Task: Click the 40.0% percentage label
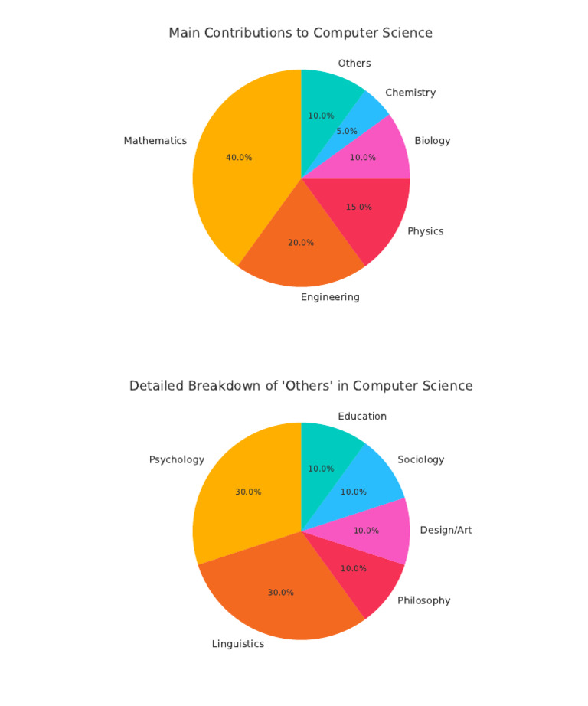point(239,158)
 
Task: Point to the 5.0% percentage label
point(347,132)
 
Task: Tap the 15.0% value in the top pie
point(359,207)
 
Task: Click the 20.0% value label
point(301,243)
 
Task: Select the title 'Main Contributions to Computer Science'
point(300,33)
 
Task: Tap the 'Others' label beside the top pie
point(354,64)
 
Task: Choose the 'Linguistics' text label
point(238,644)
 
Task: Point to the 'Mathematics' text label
point(155,141)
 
